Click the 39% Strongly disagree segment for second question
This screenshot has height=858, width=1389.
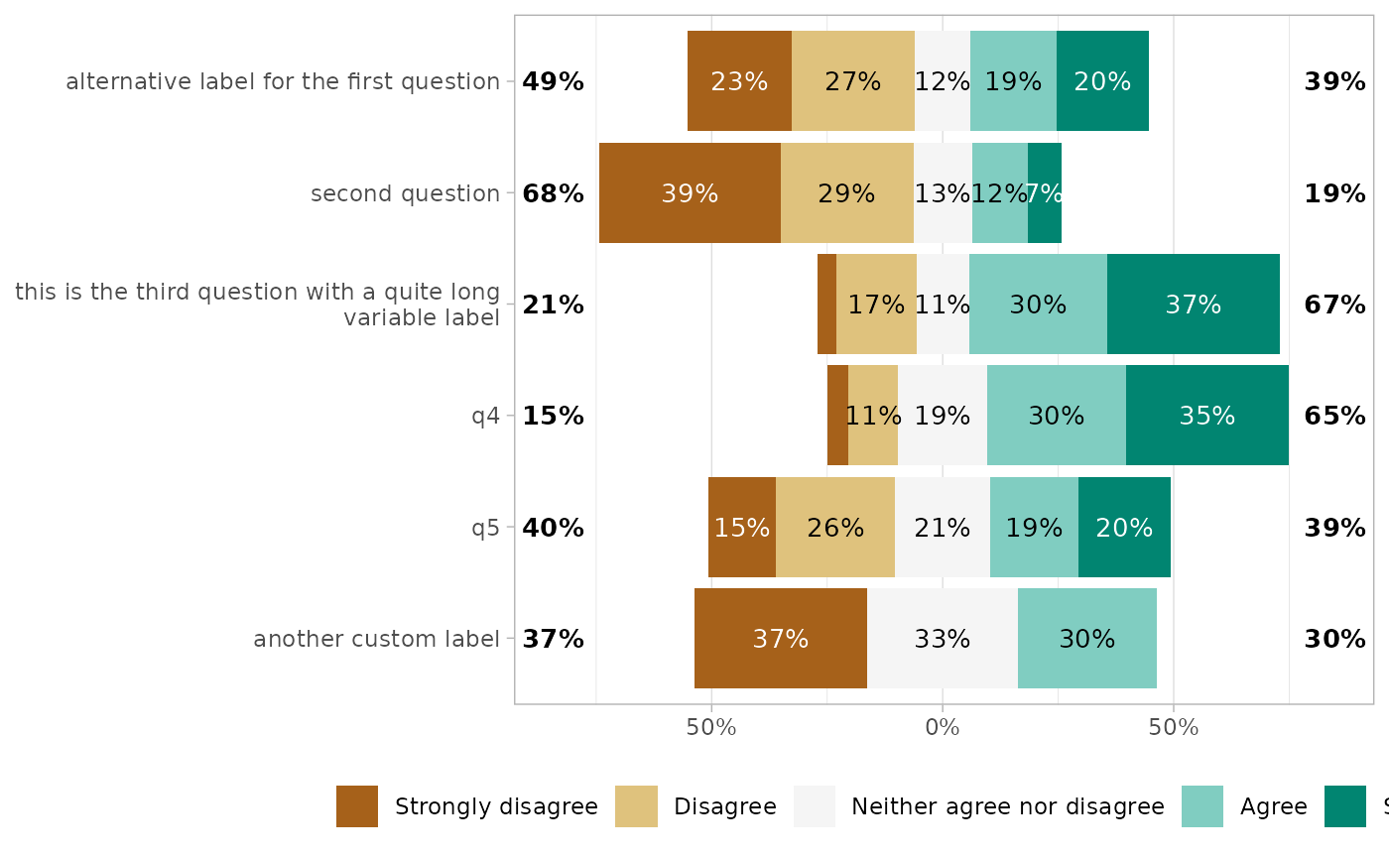690,193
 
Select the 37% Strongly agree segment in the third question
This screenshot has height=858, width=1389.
1193,305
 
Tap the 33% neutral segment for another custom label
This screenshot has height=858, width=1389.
942,639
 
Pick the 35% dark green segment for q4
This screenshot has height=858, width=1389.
1206,416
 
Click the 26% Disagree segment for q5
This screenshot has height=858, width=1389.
834,528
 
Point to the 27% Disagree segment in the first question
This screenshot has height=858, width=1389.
852,81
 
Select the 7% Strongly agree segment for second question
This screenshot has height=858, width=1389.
1044,193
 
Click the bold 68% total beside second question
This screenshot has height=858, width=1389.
553,193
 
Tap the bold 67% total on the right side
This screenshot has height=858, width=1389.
1334,305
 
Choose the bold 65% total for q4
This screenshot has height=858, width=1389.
1334,416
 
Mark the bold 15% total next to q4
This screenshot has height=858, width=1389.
553,416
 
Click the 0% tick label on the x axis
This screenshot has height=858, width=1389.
942,728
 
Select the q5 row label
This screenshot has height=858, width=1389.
485,528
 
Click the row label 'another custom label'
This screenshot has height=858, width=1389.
376,639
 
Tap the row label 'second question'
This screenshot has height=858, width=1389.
405,193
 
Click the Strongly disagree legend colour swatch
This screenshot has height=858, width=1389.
357,806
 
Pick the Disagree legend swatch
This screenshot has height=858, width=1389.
636,806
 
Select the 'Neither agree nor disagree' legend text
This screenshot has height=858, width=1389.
1007,806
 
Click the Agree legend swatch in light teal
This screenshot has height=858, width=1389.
1202,806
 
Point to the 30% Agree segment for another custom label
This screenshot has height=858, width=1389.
1086,639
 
